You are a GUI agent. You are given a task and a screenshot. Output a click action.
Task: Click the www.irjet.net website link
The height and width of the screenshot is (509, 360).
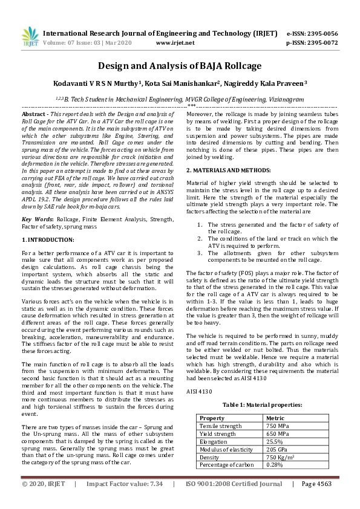[175, 43]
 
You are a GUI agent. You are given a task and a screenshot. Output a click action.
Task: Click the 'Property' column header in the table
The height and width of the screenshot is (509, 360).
[212, 417]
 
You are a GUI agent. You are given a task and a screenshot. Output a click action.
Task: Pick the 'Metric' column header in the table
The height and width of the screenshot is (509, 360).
[276, 417]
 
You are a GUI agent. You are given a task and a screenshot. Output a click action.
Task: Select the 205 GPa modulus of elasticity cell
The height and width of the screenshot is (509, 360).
[278, 450]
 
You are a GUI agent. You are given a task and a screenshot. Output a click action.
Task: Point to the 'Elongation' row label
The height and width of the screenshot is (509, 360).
[214, 442]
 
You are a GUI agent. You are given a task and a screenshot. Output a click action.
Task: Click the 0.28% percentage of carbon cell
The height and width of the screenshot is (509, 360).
[275, 465]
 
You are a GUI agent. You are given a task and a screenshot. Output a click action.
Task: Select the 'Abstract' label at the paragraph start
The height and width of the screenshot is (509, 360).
[35, 114]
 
